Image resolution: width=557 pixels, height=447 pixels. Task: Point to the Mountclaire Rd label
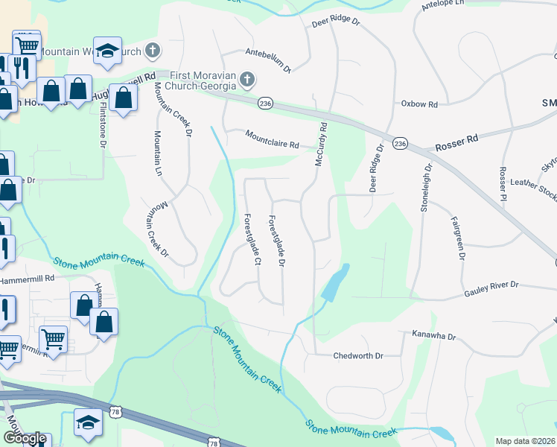[273, 139]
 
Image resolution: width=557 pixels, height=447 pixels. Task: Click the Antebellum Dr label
[268, 60]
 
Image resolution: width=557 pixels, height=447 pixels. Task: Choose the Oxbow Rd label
[419, 104]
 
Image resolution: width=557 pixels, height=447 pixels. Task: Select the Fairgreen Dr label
[457, 238]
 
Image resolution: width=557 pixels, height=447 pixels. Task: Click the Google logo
[25, 439]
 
